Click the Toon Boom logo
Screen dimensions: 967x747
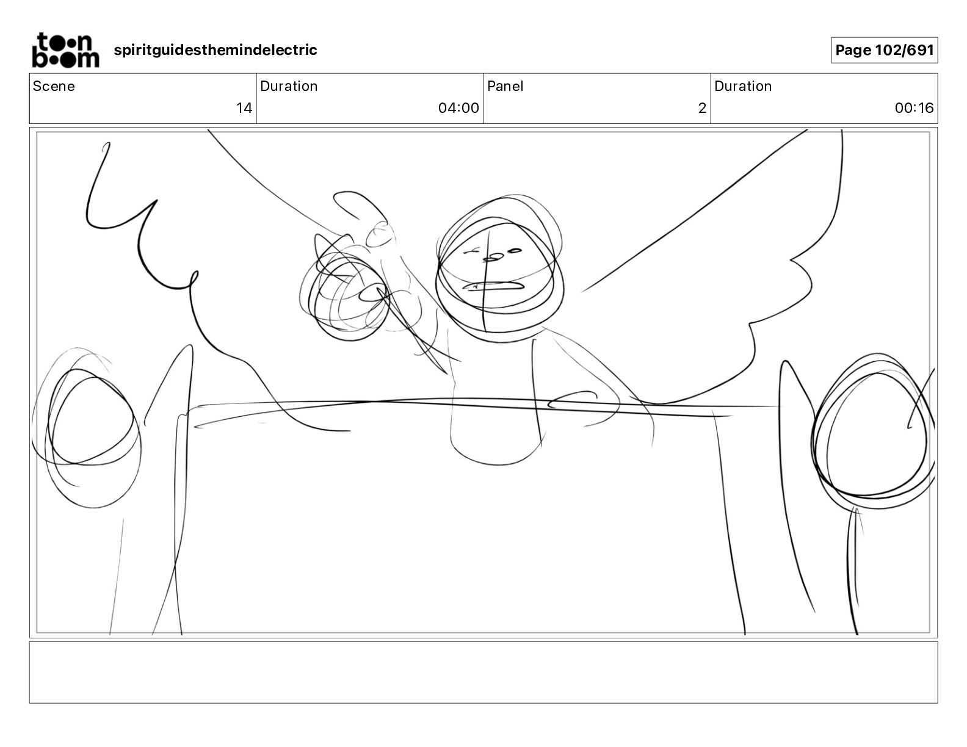[x=66, y=50]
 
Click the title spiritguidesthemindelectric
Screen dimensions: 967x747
[x=215, y=50]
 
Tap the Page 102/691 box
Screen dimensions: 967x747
[x=884, y=50]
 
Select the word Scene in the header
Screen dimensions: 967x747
[x=54, y=86]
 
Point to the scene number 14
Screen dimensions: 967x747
[x=244, y=107]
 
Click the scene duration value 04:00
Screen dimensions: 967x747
[x=458, y=107]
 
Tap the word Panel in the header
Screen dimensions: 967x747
[x=505, y=86]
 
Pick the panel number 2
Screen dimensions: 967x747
[x=702, y=107]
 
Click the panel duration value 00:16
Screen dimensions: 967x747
[x=914, y=107]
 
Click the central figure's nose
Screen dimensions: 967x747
[x=493, y=257]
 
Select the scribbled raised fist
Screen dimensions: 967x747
[x=345, y=296]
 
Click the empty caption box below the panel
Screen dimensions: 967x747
[x=483, y=673]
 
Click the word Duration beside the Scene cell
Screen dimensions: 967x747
[x=289, y=86]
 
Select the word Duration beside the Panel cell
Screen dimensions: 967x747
[x=743, y=86]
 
